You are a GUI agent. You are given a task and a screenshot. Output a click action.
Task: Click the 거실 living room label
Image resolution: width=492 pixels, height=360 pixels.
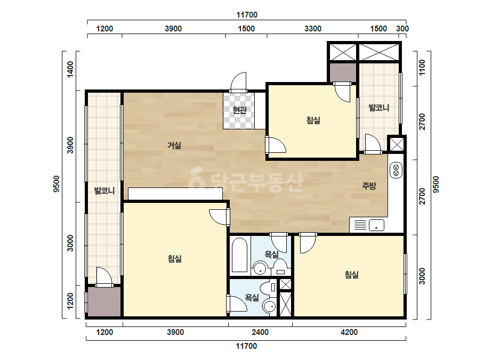coord(174,145)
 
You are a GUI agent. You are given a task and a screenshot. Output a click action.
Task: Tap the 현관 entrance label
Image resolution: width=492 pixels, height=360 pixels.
coord(239,110)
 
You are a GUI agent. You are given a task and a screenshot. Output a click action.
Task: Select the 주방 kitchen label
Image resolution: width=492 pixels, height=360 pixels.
coord(369,186)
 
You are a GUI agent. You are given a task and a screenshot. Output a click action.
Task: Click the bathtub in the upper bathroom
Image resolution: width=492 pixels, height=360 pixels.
coord(239,255)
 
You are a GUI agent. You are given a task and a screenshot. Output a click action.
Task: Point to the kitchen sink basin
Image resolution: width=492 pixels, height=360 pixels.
coord(376,225)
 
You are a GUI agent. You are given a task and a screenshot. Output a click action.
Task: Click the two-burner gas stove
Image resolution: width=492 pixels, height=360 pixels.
coord(396,170)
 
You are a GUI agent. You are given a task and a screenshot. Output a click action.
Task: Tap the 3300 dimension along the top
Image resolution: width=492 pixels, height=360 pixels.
coord(313,29)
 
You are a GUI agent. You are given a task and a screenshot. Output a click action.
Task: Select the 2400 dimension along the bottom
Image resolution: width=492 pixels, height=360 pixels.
coord(261,332)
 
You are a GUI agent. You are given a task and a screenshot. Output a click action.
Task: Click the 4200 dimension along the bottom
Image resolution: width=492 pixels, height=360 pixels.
coord(349,332)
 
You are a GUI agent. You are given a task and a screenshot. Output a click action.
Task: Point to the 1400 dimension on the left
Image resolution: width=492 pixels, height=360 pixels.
coord(70,69)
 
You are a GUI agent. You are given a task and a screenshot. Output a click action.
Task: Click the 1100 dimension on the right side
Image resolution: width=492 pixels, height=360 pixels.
coord(422,68)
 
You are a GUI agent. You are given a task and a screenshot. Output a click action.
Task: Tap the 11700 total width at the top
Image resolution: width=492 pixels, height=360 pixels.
coord(247,15)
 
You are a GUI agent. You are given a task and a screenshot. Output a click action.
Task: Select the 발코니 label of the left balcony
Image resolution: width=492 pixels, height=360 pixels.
coord(104,190)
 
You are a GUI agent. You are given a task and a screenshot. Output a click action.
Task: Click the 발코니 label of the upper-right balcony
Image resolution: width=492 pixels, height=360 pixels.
coord(378,108)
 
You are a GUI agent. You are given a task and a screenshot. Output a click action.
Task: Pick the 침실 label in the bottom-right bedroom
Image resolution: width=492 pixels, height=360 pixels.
coord(352,275)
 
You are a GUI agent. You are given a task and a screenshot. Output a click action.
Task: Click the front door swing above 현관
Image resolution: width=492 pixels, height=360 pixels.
coord(238,82)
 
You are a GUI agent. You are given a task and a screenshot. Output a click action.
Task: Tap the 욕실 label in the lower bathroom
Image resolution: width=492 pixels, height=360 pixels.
coord(252,297)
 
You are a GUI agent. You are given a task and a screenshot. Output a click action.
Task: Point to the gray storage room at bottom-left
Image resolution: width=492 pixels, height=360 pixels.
coord(104,301)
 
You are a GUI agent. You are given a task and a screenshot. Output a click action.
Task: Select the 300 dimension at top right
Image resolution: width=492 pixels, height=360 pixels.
coord(402,29)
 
